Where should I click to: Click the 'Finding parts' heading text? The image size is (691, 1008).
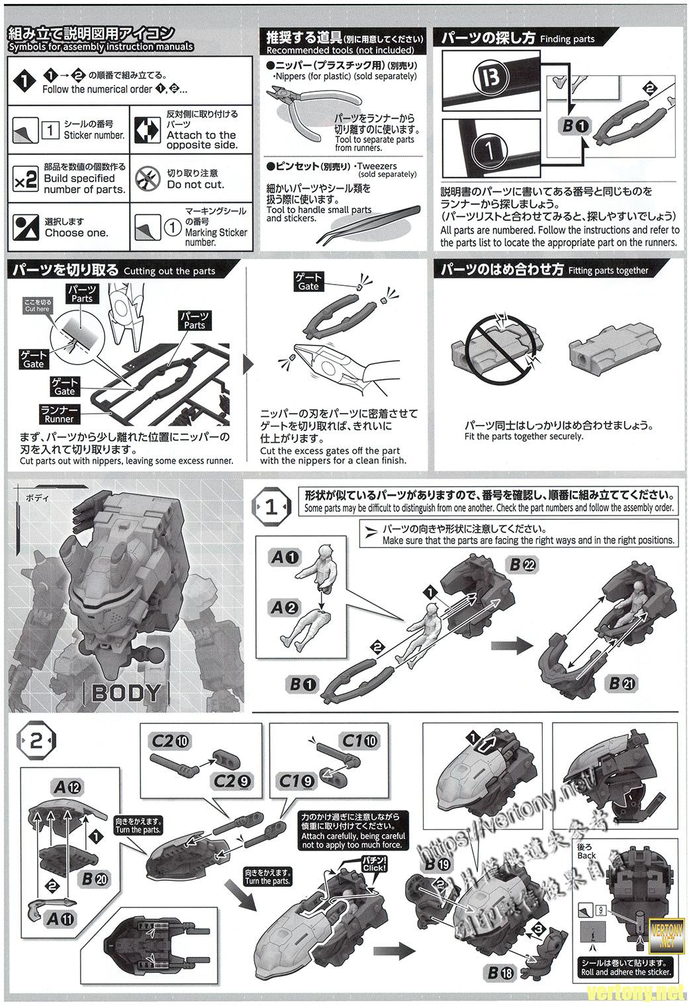coord(567,39)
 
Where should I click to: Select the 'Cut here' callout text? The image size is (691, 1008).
coord(37,305)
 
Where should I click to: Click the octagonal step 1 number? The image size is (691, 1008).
coord(272,508)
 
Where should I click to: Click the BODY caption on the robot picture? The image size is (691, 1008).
coord(126,693)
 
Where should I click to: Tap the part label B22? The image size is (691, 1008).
coord(524,565)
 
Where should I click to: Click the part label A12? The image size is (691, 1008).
coord(66,788)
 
